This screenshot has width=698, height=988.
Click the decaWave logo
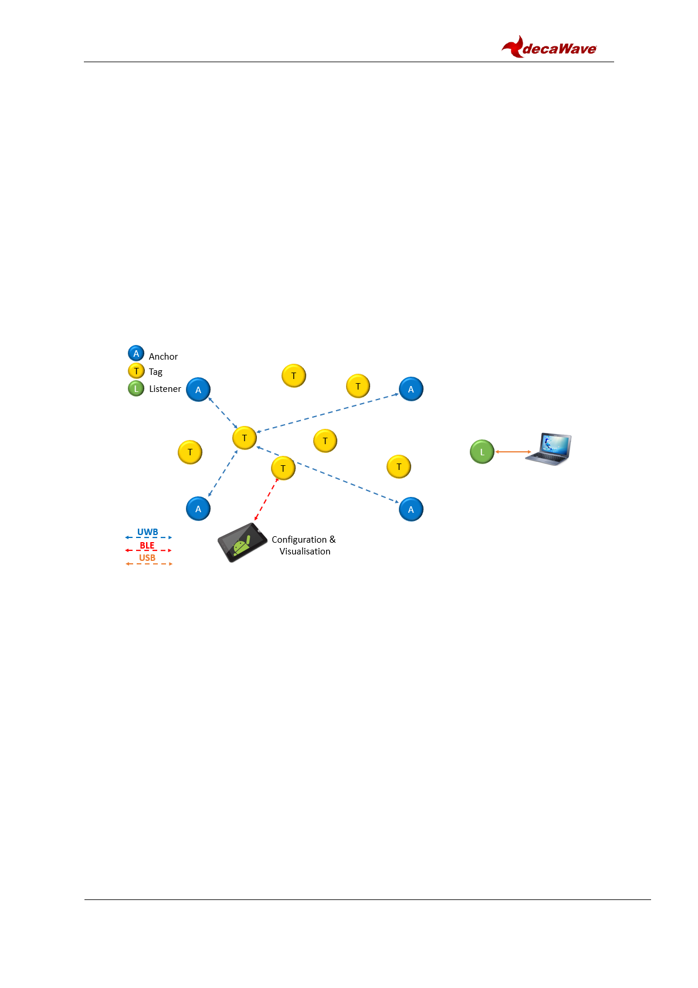coord(549,47)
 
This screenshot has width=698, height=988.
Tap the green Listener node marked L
coord(482,452)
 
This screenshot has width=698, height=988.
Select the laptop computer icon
coord(548,449)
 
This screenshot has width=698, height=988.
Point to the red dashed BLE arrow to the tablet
coord(266,499)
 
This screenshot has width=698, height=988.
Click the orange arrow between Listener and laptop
coord(513,452)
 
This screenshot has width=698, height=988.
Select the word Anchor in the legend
coord(163,356)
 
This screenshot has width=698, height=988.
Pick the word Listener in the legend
coord(165,388)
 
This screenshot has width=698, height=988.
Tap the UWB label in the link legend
coord(148,532)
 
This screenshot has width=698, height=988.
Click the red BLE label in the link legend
coord(147,545)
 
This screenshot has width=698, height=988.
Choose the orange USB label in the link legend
coord(147,557)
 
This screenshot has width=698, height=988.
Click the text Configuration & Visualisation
coord(304,545)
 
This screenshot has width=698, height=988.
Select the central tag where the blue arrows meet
coord(245,438)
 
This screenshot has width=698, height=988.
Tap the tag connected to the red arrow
coord(283,468)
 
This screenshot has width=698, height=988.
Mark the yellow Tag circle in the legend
coord(136,371)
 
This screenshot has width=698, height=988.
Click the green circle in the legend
coord(136,388)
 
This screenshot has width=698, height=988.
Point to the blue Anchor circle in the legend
coord(136,353)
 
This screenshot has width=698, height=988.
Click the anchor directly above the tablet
coord(198,509)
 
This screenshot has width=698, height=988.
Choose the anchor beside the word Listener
coord(198,390)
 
